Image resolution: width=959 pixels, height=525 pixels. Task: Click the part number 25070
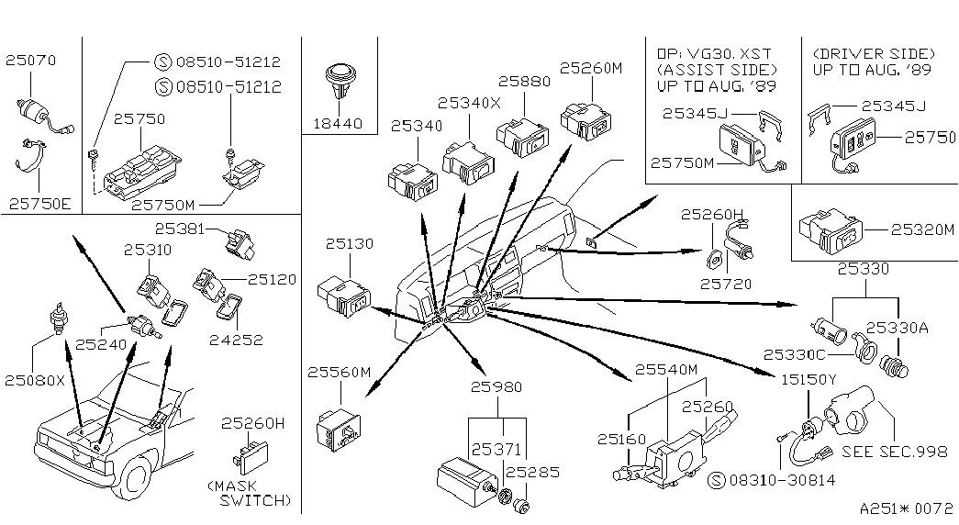(31, 61)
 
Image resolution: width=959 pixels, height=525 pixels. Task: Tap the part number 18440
(339, 122)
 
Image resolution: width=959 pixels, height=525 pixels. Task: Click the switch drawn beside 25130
(344, 296)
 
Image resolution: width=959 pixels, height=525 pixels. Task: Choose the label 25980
(497, 387)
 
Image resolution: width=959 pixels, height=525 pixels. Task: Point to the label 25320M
(922, 230)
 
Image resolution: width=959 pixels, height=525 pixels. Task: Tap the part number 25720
(726, 285)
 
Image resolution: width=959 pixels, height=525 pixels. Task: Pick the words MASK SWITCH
(250, 492)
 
